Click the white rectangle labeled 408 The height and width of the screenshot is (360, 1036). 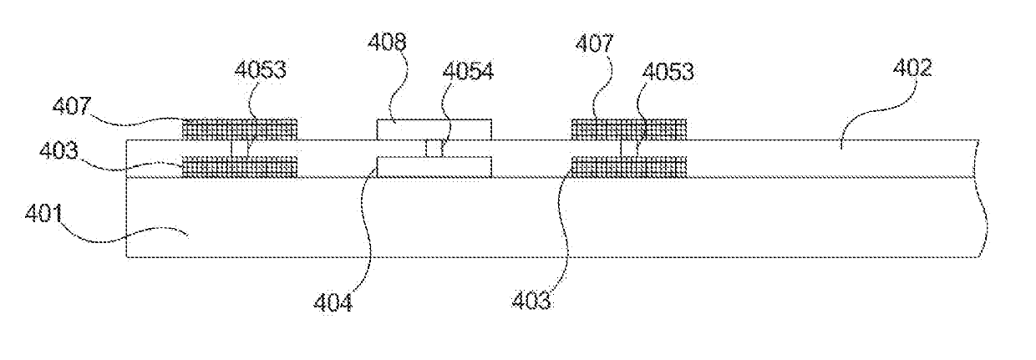pyautogui.click(x=434, y=129)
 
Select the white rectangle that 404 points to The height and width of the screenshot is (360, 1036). pyautogui.click(x=434, y=167)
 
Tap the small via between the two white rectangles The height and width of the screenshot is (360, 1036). pyautogui.click(x=434, y=149)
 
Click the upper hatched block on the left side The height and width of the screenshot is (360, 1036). pyautogui.click(x=240, y=129)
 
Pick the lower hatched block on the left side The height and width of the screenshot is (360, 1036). pyautogui.click(x=240, y=166)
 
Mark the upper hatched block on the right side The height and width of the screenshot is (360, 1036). pyautogui.click(x=628, y=129)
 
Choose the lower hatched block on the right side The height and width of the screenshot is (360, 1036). pyautogui.click(x=628, y=166)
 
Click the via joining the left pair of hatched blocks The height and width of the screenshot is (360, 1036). pyautogui.click(x=240, y=148)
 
